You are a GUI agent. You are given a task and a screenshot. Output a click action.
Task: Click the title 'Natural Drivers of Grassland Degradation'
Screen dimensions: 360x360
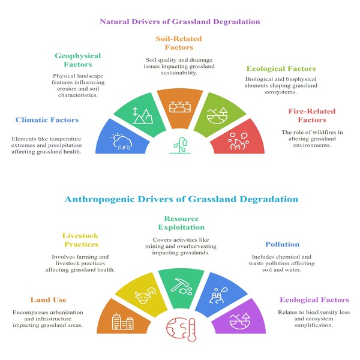179,23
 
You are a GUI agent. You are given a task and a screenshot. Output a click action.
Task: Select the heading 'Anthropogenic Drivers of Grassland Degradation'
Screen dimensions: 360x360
179,199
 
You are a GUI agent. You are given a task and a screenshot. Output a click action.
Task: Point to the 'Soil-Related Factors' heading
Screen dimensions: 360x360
180,43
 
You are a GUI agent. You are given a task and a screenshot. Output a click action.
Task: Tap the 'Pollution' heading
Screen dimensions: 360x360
282,244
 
